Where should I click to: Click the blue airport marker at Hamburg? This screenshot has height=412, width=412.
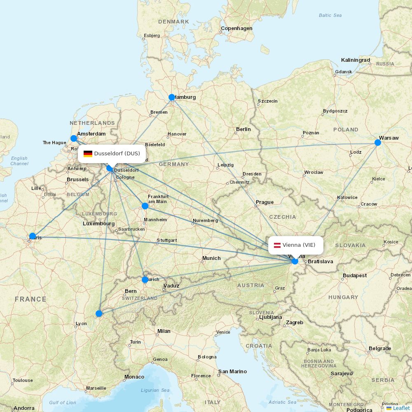172,97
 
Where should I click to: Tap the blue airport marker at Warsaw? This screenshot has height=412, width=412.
378,143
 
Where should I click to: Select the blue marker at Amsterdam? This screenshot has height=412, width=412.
74,138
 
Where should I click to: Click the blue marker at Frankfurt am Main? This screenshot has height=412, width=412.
145,206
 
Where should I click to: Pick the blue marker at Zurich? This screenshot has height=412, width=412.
145,280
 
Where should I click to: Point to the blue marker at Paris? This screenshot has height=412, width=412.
33,236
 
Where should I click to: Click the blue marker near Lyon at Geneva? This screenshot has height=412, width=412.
99,314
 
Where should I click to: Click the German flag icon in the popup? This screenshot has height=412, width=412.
88,154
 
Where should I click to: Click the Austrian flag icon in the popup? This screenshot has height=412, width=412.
277,245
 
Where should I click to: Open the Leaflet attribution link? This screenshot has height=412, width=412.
401,408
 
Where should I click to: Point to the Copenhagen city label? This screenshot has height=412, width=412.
236,28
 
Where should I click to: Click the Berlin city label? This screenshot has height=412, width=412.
243,129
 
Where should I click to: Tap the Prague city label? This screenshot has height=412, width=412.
265,202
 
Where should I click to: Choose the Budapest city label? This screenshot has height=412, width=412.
354,275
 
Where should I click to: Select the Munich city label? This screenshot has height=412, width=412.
211,258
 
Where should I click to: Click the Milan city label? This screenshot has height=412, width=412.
164,331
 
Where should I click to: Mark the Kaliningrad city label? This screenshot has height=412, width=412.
356,60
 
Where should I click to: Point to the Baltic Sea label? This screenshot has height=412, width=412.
330,15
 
